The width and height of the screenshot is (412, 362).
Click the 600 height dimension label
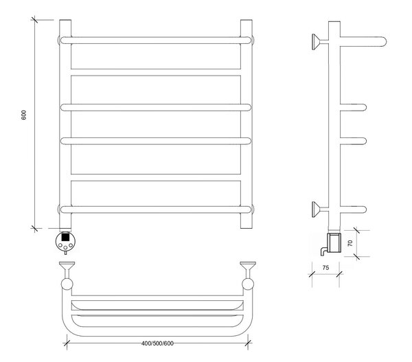tap(23, 115)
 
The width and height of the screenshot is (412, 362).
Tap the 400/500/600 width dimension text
tap(157, 343)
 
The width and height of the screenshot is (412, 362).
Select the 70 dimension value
tap(350, 243)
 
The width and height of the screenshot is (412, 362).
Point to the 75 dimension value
tap(325, 268)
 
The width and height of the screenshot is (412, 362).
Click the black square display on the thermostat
tap(65, 237)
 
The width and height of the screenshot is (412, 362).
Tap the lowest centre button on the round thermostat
tap(65, 248)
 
